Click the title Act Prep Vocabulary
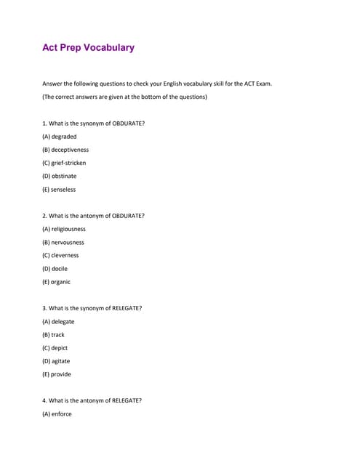pyautogui.click(x=88, y=48)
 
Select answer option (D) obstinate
pyautogui.click(x=59, y=176)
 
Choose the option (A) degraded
pyautogui.click(x=59, y=137)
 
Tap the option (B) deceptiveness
pyautogui.click(x=65, y=150)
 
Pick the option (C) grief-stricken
pyautogui.click(x=64, y=163)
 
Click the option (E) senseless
pyautogui.click(x=59, y=190)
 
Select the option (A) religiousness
pyautogui.click(x=64, y=229)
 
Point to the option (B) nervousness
pyautogui.click(x=63, y=242)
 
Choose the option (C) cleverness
pyautogui.click(x=60, y=255)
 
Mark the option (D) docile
pyautogui.click(x=55, y=268)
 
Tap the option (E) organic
pyautogui.click(x=56, y=282)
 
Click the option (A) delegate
pyautogui.click(x=58, y=321)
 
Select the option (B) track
pyautogui.click(x=53, y=335)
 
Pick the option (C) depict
pyautogui.click(x=55, y=348)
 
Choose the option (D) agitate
pyautogui.click(x=56, y=361)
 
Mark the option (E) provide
pyautogui.click(x=56, y=374)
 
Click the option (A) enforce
pyautogui.click(x=57, y=414)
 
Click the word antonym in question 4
pyautogui.click(x=96, y=400)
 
